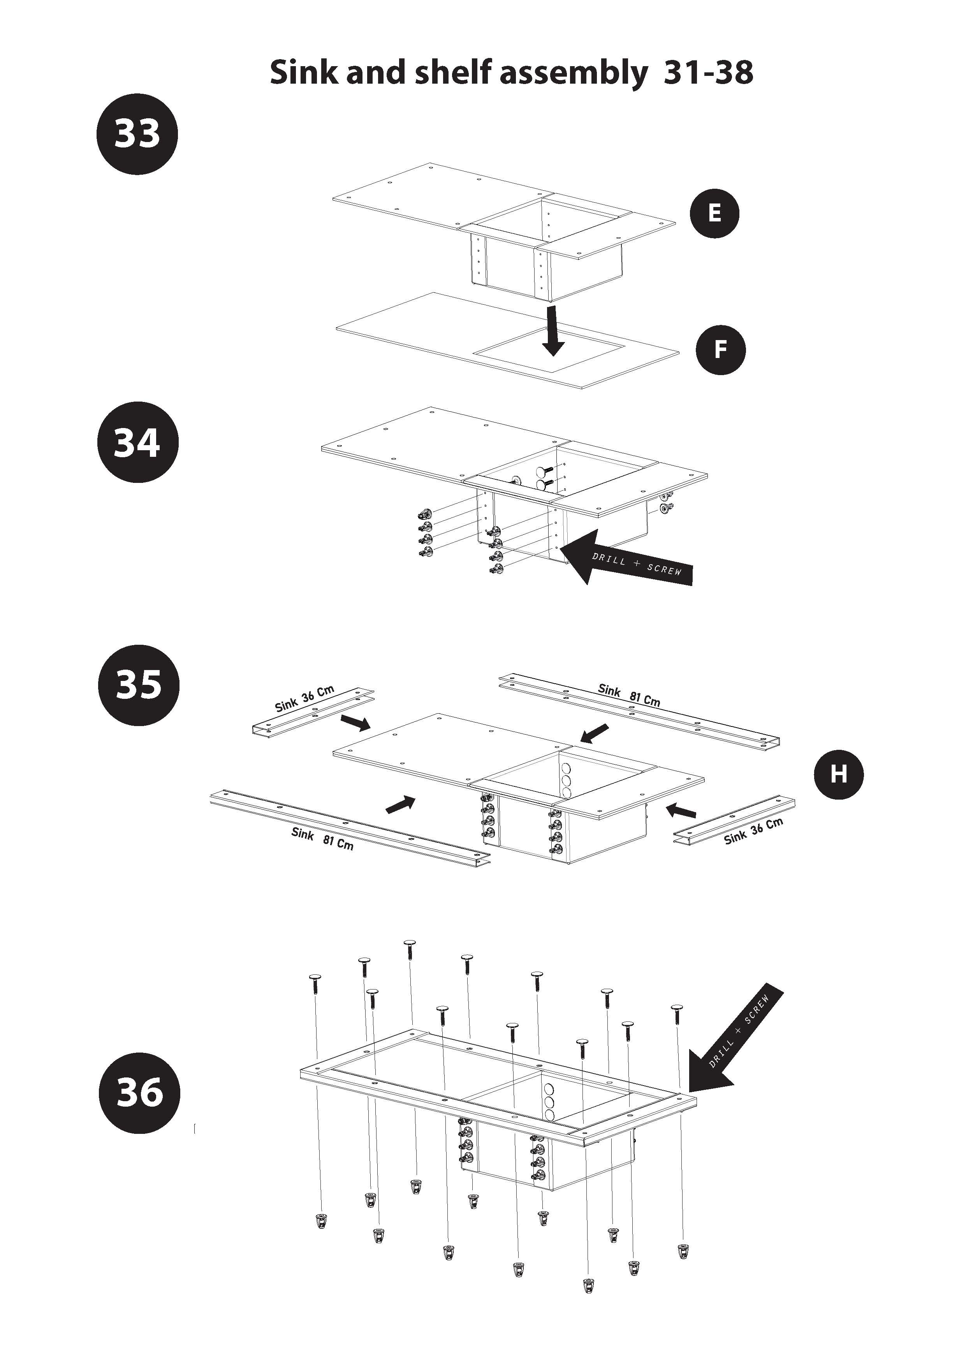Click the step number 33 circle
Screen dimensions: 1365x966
(x=137, y=134)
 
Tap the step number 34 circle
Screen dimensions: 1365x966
(x=137, y=442)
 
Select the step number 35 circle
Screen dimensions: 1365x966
(x=138, y=684)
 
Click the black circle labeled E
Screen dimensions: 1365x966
(x=714, y=214)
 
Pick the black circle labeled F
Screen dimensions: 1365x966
(x=720, y=349)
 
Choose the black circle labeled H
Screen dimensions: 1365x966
(x=838, y=775)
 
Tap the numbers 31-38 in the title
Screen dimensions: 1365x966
(x=708, y=72)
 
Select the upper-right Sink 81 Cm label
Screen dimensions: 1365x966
(x=629, y=695)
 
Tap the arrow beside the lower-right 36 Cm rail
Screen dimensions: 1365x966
(x=682, y=810)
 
